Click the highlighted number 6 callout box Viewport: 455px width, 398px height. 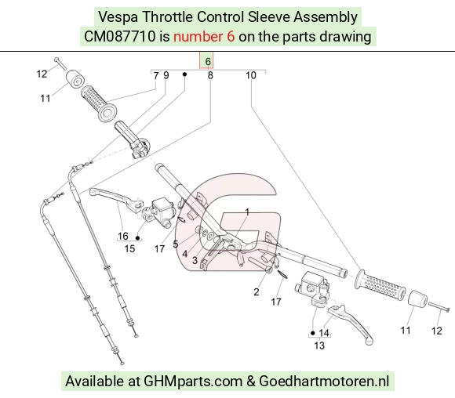(x=206, y=60)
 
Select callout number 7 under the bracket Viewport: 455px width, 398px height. (x=156, y=76)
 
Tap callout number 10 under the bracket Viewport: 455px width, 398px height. (x=251, y=76)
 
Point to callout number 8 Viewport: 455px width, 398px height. (x=210, y=76)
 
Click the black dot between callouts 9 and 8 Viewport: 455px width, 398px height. (x=184, y=74)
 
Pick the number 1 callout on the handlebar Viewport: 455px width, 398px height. (x=247, y=212)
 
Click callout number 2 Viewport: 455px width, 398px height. (x=256, y=292)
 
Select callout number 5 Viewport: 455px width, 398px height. (x=175, y=244)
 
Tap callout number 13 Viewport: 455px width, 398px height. (x=319, y=346)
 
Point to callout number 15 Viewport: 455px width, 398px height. (x=129, y=248)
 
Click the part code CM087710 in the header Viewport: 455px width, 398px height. (x=119, y=37)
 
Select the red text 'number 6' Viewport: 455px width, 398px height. (x=204, y=37)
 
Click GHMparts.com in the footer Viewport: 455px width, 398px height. (x=193, y=382)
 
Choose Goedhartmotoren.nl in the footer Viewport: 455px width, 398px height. (x=324, y=382)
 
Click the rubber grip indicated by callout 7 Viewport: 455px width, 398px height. (x=99, y=103)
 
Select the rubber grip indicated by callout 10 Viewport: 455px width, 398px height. (x=380, y=284)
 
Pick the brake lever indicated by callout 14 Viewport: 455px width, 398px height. (x=351, y=323)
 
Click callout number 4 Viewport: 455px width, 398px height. (x=185, y=254)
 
